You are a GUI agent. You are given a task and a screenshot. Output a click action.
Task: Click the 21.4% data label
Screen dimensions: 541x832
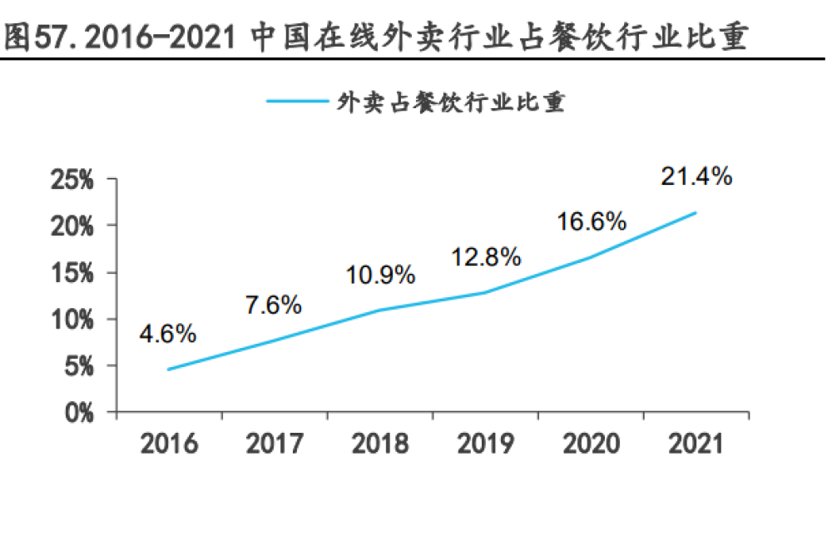(x=696, y=176)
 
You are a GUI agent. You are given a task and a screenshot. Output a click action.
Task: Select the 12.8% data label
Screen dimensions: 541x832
(x=486, y=257)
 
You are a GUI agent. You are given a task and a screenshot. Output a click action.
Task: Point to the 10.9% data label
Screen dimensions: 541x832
(x=380, y=275)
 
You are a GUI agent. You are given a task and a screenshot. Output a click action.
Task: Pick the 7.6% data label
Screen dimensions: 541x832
(x=273, y=305)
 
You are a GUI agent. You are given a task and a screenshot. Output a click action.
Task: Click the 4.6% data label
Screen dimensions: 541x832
(x=168, y=335)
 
